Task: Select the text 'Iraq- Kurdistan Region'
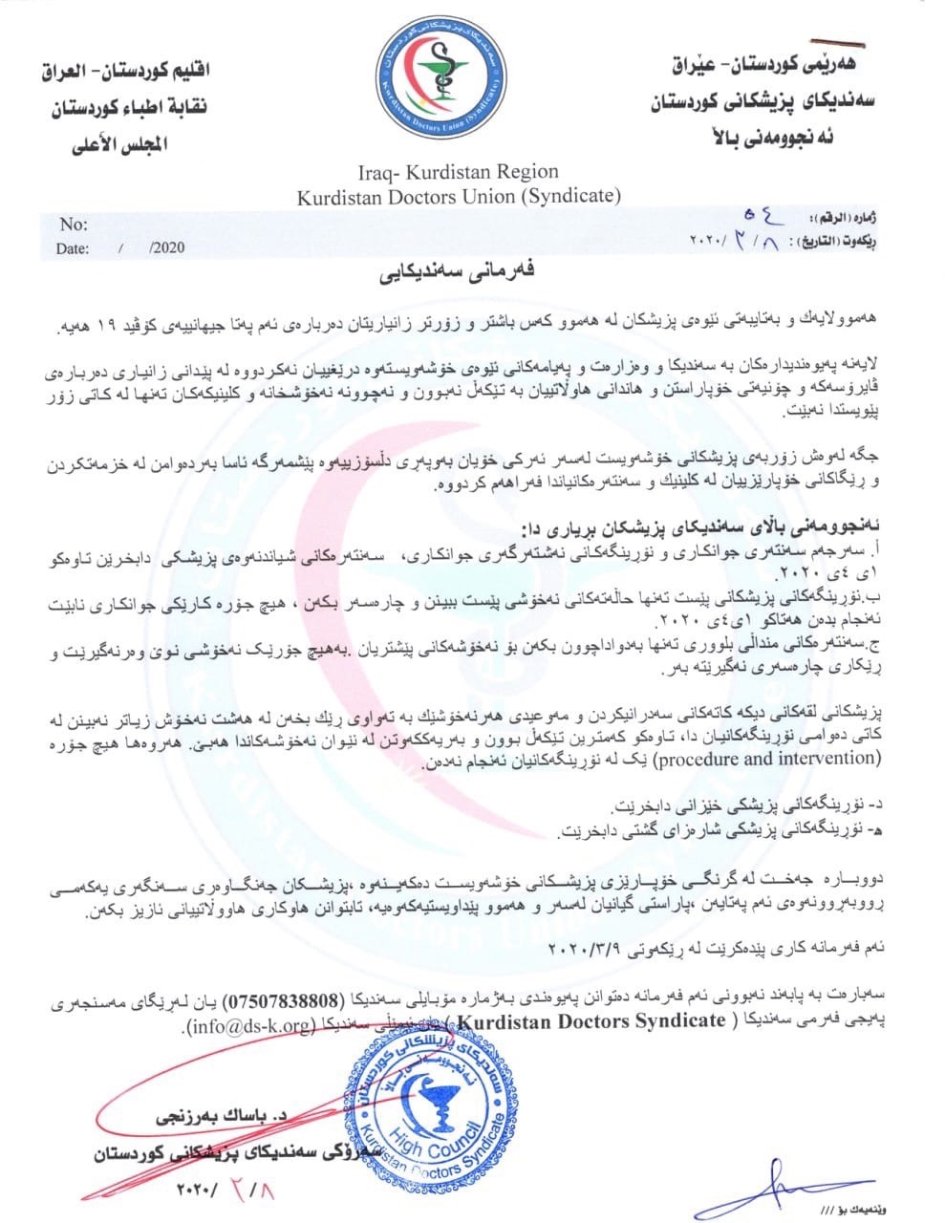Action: click(458, 173)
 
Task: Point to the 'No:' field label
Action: click(74, 225)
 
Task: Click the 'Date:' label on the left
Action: click(73, 248)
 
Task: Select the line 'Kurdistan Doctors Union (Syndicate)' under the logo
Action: click(458, 198)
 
